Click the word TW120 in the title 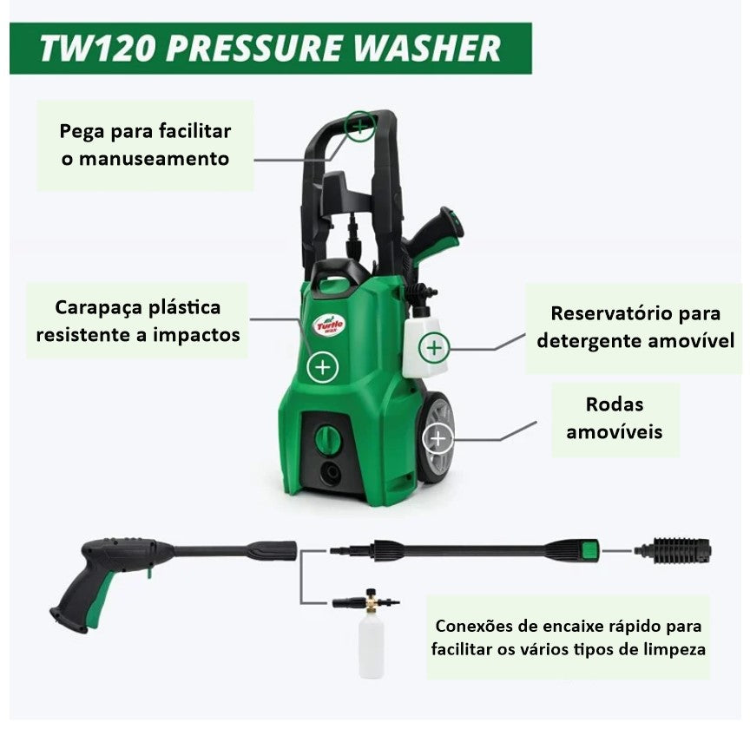[x=97, y=49]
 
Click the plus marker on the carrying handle [x=359, y=127]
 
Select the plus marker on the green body [x=323, y=367]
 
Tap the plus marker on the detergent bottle [x=434, y=348]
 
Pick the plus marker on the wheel [x=437, y=438]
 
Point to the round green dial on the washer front [x=327, y=437]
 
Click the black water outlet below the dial [x=331, y=474]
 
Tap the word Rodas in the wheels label [x=615, y=404]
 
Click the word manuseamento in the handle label [x=154, y=159]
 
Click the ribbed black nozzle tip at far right [x=673, y=550]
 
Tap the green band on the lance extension [x=589, y=550]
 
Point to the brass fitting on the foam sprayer [x=371, y=601]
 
